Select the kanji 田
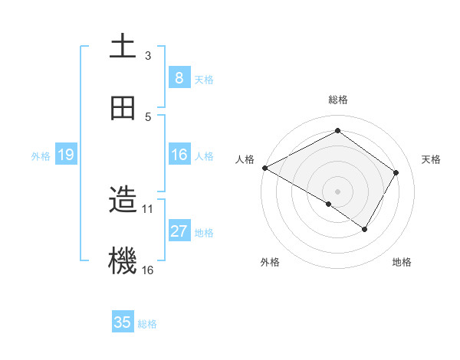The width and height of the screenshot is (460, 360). (123, 108)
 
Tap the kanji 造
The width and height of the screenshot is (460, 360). (123, 201)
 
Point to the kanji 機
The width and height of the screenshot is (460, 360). (123, 261)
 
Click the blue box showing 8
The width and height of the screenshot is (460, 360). (179, 77)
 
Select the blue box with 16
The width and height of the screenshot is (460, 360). (179, 155)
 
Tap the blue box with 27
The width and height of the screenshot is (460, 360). (179, 231)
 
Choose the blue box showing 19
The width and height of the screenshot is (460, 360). (65, 155)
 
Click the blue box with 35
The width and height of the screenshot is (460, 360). (123, 322)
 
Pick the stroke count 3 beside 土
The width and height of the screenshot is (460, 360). (148, 56)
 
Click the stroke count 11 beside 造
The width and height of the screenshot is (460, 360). (148, 208)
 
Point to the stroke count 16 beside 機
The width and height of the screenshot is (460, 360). (148, 270)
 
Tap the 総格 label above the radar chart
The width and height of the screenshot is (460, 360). (337, 100)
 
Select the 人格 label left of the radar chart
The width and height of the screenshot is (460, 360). (245, 159)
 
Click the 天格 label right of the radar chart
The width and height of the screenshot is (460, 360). (431, 159)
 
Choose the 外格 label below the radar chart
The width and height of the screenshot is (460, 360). (270, 262)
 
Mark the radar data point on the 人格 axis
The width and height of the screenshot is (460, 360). (264, 168)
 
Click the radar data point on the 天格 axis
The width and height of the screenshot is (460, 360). (396, 172)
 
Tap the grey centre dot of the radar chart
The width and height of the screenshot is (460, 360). (337, 191)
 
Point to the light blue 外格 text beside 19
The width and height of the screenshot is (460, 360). (41, 155)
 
